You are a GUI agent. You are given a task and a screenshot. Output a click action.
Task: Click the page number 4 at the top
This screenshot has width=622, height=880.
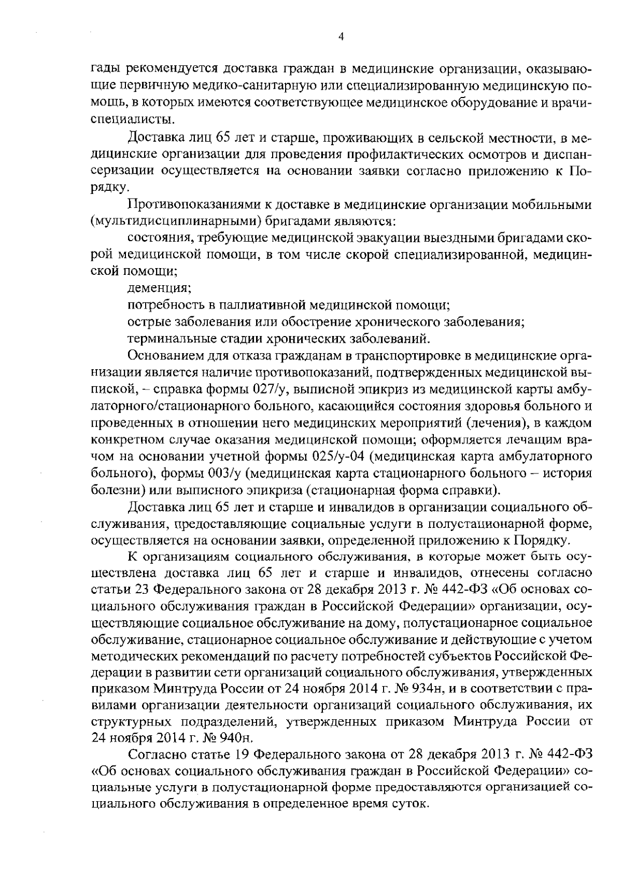click(x=340, y=36)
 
